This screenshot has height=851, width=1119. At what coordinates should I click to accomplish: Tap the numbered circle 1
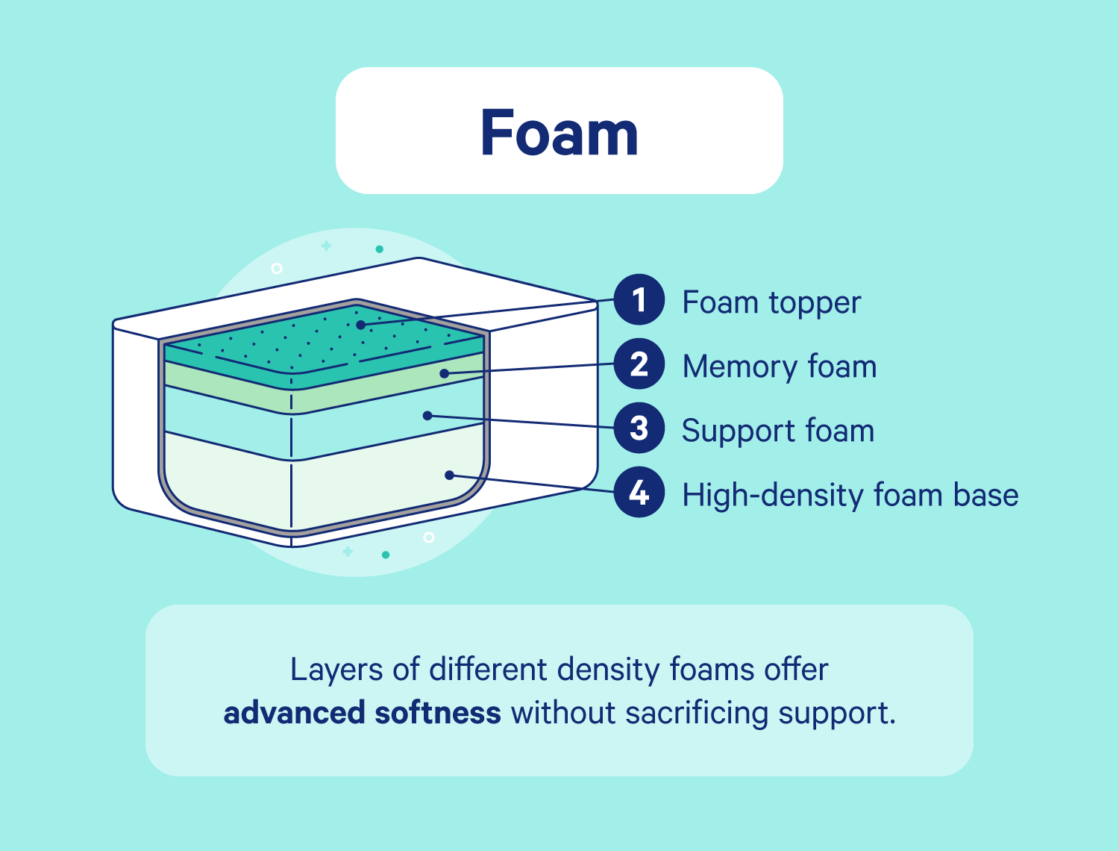639,300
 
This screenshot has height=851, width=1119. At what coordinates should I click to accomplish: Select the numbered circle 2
639,364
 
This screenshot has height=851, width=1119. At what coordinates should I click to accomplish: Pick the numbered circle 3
639,428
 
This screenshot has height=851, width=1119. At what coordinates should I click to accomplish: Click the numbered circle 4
639,493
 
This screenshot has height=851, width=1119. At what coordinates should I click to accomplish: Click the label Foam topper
771,302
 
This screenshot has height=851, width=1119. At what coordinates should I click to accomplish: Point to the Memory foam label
780,367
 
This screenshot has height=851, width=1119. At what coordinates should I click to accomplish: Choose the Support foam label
778,431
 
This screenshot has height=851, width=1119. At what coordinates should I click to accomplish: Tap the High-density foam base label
850,495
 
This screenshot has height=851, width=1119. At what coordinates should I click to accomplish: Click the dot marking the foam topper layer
360,325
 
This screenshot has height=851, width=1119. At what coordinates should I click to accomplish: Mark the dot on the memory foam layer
444,372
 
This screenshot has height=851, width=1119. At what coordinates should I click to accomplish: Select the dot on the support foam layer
427,415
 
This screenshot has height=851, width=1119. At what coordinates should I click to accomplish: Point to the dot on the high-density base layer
449,475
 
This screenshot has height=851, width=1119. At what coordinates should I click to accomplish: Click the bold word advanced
294,713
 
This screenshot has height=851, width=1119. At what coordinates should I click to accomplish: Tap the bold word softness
438,713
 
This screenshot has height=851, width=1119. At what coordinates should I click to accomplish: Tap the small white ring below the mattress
429,537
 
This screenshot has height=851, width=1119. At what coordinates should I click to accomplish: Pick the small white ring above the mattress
277,268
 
